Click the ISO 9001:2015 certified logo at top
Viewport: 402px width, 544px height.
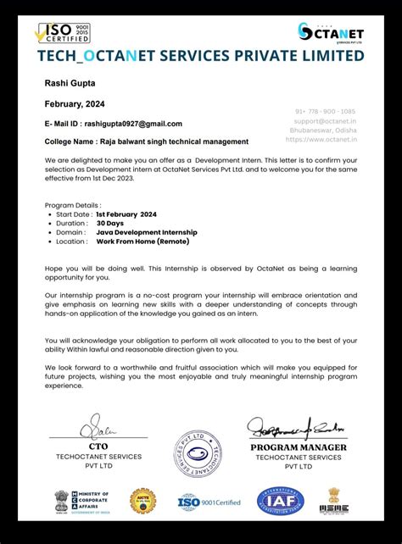coord(62,33)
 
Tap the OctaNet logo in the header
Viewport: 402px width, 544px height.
coord(330,32)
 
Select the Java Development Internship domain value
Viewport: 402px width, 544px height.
coord(147,232)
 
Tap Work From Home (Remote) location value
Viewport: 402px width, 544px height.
coord(143,241)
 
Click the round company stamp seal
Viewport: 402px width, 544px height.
coord(198,456)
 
